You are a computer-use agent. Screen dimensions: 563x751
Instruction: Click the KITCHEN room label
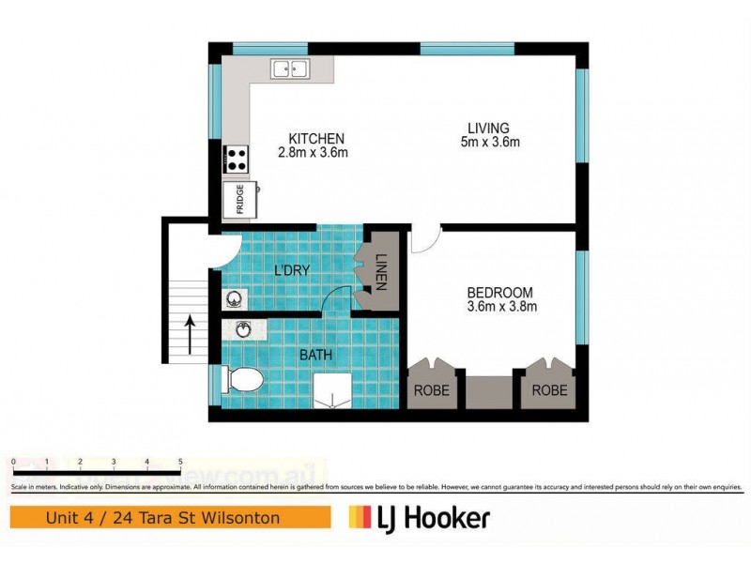coord(316,138)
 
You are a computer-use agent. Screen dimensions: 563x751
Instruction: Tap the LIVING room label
coord(488,129)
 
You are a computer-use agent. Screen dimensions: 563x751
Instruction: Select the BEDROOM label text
coord(499,292)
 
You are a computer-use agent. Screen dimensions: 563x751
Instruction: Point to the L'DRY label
coord(292,271)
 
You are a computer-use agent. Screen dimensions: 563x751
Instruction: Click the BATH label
coord(314,356)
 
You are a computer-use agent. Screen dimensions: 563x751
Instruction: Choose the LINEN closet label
coord(381,271)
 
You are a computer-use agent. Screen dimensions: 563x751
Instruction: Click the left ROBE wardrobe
coord(432,389)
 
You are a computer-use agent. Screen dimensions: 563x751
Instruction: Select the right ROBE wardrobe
coord(550,389)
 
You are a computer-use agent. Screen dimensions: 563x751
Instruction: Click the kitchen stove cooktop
coord(236,160)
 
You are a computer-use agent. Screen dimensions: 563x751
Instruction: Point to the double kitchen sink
coord(291,68)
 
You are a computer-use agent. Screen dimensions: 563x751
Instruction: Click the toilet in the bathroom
coord(244,381)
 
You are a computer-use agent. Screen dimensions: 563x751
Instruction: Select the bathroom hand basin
coord(243,329)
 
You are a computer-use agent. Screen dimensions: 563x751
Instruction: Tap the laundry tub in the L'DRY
coord(235,299)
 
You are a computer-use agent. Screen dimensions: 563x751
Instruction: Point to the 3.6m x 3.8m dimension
coord(499,306)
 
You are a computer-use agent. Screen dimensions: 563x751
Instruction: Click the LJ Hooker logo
coord(419,518)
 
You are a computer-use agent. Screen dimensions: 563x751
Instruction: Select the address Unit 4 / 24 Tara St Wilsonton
coord(170,518)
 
